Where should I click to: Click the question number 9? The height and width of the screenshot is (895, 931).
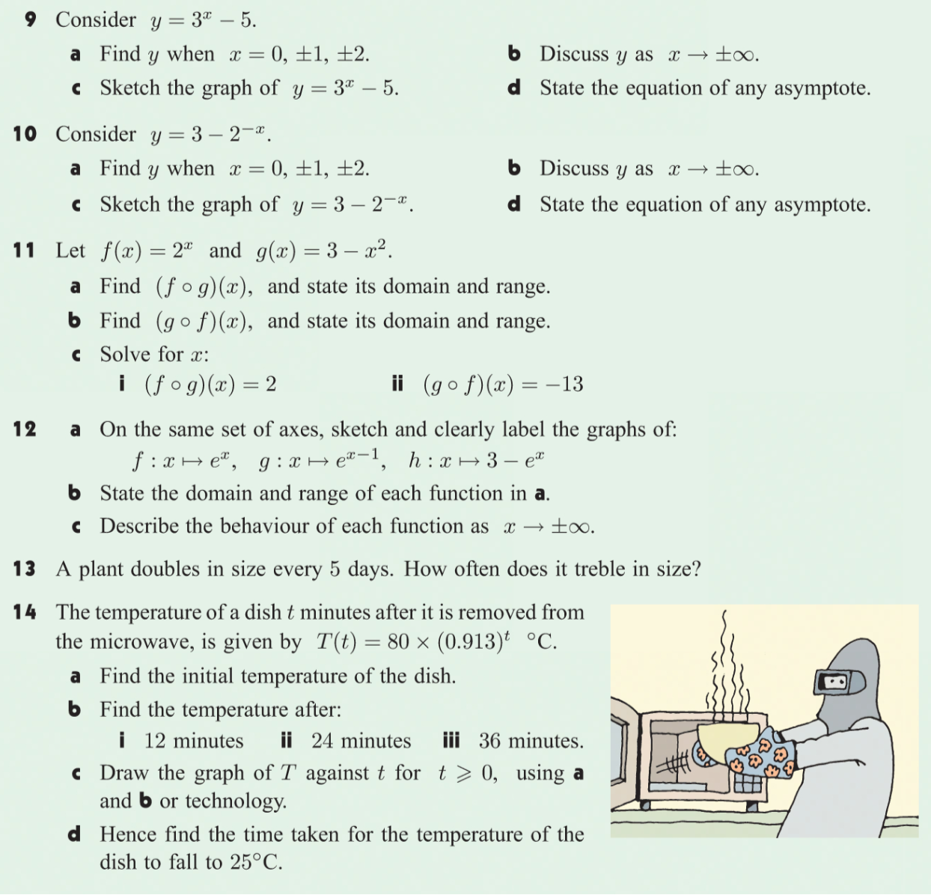31,19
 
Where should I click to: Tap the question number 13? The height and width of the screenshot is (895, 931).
24,569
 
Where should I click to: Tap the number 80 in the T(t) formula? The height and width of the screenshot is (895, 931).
397,642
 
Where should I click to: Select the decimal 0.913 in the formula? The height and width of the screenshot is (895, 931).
470,642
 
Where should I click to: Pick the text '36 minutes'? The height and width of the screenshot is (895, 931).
530,741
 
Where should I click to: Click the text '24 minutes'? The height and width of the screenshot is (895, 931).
361,741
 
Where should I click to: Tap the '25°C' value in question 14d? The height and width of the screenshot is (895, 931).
254,862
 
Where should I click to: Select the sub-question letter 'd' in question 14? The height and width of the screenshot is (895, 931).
74,834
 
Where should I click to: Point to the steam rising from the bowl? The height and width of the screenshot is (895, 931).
730,666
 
